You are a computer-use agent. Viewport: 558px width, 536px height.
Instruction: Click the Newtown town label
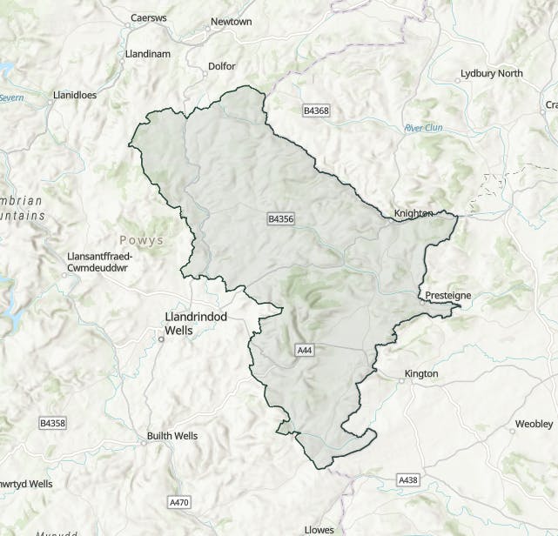pyautogui.click(x=231, y=21)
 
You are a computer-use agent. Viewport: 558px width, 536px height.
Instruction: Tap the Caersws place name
pyautogui.click(x=147, y=17)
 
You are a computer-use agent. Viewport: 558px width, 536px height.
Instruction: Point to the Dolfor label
pyautogui.click(x=222, y=66)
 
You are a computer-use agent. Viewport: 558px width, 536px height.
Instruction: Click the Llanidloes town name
pyautogui.click(x=75, y=95)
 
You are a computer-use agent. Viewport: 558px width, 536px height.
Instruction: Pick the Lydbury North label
pyautogui.click(x=492, y=74)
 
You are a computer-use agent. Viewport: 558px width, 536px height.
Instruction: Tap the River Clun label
pyautogui.click(x=423, y=128)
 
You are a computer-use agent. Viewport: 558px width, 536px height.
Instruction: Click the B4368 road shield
pyautogui.click(x=316, y=111)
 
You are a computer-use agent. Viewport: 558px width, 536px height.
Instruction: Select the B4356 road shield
pyautogui.click(x=281, y=219)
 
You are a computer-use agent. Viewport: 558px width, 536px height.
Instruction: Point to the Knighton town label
pyautogui.click(x=413, y=213)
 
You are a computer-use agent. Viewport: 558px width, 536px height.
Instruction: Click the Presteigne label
pyautogui.click(x=447, y=296)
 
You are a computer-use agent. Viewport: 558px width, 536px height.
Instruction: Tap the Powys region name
pyautogui.click(x=141, y=240)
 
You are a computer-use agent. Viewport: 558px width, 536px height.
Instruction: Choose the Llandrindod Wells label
pyautogui.click(x=196, y=324)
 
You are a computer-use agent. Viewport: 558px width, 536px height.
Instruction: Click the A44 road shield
pyautogui.click(x=304, y=350)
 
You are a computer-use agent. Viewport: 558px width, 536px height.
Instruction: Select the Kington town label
pyautogui.click(x=421, y=374)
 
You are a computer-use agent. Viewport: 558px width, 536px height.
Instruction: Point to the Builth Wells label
pyautogui.click(x=172, y=436)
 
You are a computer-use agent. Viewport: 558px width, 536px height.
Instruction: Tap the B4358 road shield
pyautogui.click(x=52, y=423)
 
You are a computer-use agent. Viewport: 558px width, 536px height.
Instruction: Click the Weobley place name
pyautogui.click(x=534, y=424)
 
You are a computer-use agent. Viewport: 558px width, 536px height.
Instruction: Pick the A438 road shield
pyautogui.click(x=407, y=480)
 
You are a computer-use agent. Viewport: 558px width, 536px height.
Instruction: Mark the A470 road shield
pyautogui.click(x=178, y=502)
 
